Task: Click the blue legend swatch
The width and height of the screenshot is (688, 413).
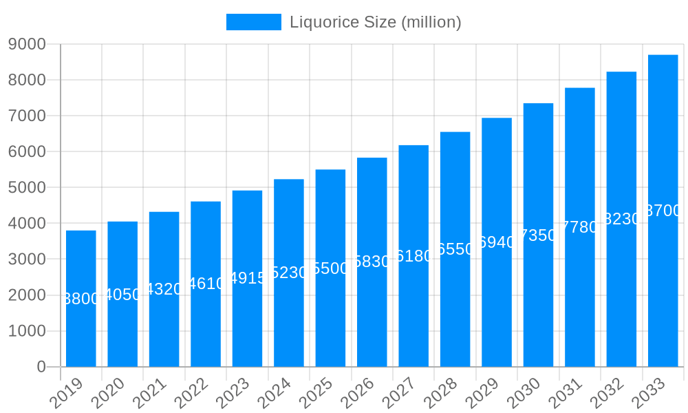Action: (x=253, y=22)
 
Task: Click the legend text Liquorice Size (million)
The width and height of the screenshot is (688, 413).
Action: (x=375, y=22)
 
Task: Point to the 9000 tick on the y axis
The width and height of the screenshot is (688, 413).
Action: (x=27, y=44)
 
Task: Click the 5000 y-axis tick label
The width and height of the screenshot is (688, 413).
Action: (x=27, y=187)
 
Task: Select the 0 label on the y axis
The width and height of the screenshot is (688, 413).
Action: (x=41, y=367)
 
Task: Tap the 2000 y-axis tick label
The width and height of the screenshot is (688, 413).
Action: (x=27, y=295)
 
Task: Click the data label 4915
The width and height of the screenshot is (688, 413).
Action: (x=247, y=278)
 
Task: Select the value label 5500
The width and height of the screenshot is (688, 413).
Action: (x=330, y=268)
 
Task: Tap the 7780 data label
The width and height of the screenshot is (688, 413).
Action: (x=580, y=227)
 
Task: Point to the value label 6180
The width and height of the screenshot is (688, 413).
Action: (x=413, y=256)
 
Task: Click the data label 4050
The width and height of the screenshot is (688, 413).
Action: (x=122, y=295)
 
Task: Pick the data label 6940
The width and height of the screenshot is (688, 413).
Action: (x=497, y=242)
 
